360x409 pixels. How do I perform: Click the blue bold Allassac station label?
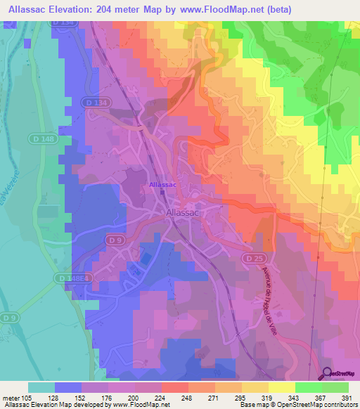coord(162,185)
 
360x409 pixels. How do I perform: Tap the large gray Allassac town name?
coord(186,212)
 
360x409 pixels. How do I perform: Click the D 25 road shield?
coord(254,259)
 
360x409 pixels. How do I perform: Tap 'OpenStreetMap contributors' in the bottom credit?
coord(317,405)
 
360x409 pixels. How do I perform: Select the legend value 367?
coord(318,397)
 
